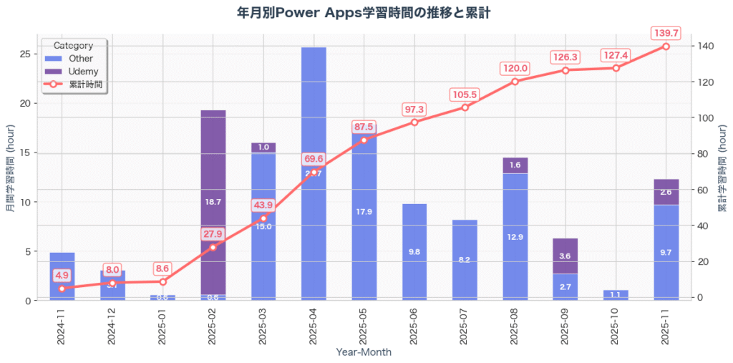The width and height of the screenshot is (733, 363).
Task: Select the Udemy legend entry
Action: (83, 72)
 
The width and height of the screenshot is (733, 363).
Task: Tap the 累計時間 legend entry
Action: (85, 84)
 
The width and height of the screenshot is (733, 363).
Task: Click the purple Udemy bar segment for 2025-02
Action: (213, 202)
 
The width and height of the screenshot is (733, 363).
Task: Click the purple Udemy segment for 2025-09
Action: (565, 256)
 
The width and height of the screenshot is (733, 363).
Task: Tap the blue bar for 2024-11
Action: (62, 276)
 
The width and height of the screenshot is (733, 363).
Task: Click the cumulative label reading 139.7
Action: (666, 33)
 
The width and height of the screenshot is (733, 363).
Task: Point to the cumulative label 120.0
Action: (515, 68)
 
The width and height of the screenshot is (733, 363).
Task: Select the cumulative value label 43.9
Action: (263, 205)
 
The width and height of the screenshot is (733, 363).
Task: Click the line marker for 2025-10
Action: (616, 67)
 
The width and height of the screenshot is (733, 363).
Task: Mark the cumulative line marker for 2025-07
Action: (465, 107)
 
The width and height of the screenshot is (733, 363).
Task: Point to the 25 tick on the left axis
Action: (29, 54)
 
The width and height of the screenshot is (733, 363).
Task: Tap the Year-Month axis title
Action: (364, 352)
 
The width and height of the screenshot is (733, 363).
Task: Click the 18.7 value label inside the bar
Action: (213, 202)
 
